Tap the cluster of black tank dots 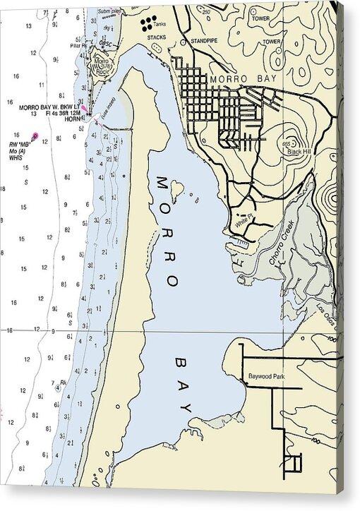pos(148,25)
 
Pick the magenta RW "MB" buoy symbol pos(35,135)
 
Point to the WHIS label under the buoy pos(17,157)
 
